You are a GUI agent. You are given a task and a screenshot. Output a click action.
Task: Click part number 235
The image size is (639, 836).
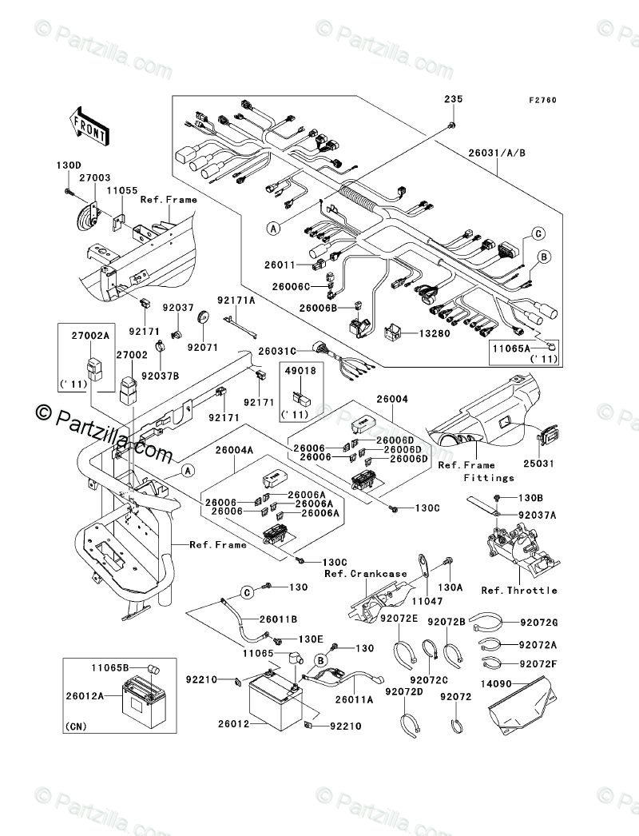[453, 99]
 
